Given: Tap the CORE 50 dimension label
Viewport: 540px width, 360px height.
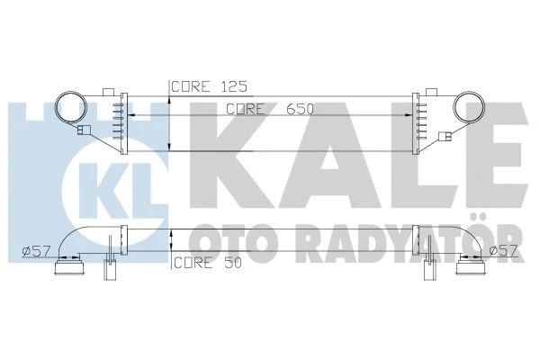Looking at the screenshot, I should click(x=205, y=264).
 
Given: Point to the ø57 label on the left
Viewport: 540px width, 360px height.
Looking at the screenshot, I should click(x=34, y=250).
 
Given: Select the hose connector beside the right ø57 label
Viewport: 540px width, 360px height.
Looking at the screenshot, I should click(x=471, y=265).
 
